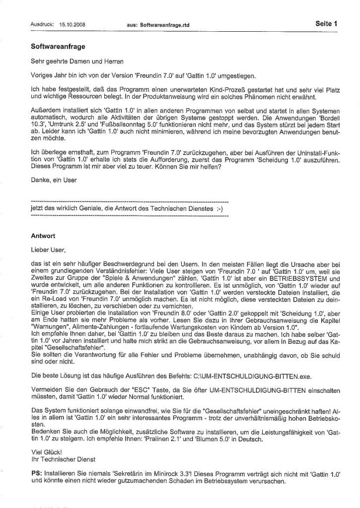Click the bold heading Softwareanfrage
pyautogui.click(x=58, y=47)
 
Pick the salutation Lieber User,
pyautogui.click(x=48, y=250)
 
